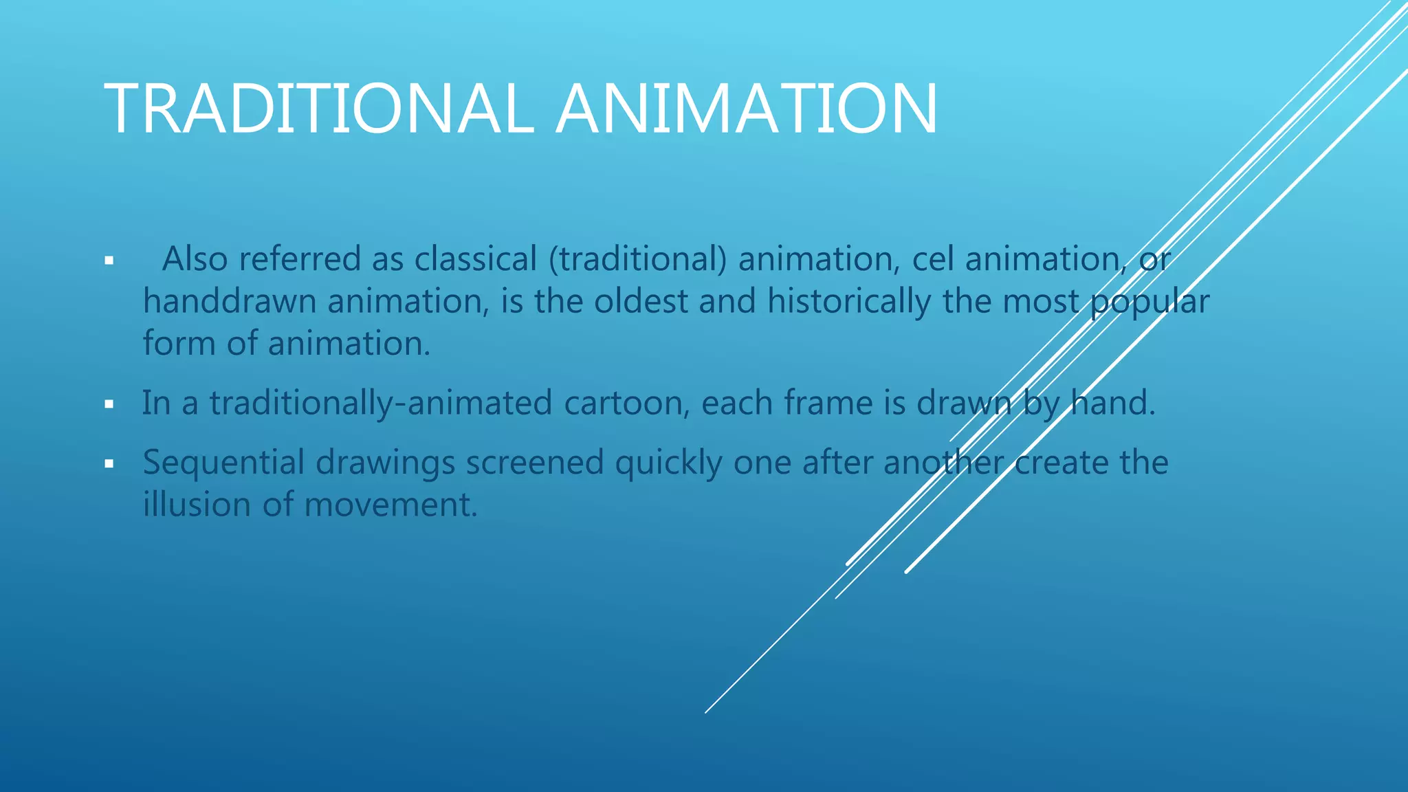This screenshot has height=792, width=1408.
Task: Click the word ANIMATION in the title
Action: [x=747, y=109]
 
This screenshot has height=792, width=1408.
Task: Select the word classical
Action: [x=475, y=260]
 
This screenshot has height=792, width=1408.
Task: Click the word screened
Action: [x=535, y=463]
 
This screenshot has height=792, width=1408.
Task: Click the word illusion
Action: [x=197, y=505]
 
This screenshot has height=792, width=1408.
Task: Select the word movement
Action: [x=390, y=505]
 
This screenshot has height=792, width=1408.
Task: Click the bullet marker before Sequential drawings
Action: [x=109, y=464]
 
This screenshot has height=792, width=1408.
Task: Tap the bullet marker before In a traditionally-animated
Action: [x=109, y=404]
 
